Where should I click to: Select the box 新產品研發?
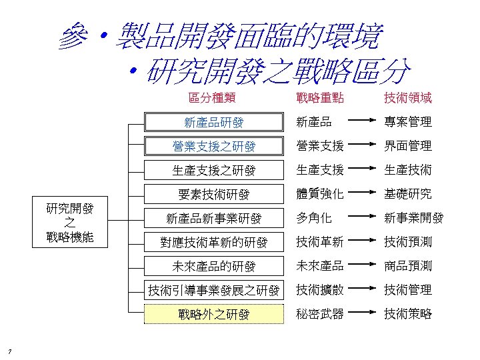pyautogui.click(x=214, y=122)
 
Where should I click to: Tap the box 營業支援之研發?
pyautogui.click(x=214, y=146)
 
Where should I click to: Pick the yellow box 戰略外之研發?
pyautogui.click(x=214, y=314)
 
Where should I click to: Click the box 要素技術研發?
pyautogui.click(x=214, y=194)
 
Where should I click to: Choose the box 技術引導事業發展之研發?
pyautogui.click(x=214, y=290)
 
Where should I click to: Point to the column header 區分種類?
pyautogui.click(x=211, y=98)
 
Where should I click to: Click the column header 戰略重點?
pyautogui.click(x=320, y=98)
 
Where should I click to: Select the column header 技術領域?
pyautogui.click(x=407, y=98)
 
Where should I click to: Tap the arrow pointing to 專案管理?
pyautogui.click(x=363, y=122)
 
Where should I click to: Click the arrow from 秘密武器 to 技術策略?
pyautogui.click(x=363, y=314)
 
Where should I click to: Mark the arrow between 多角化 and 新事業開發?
pyautogui.click(x=363, y=218)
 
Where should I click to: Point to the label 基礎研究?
pyautogui.click(x=407, y=194)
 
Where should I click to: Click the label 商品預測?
pyautogui.click(x=407, y=266)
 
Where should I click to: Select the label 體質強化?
pyautogui.click(x=320, y=194)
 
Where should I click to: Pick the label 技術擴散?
pyautogui.click(x=320, y=290)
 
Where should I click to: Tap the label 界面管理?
pyautogui.click(x=407, y=146)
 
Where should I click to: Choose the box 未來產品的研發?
pyautogui.click(x=214, y=266)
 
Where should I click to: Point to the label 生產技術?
pyautogui.click(x=407, y=170)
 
